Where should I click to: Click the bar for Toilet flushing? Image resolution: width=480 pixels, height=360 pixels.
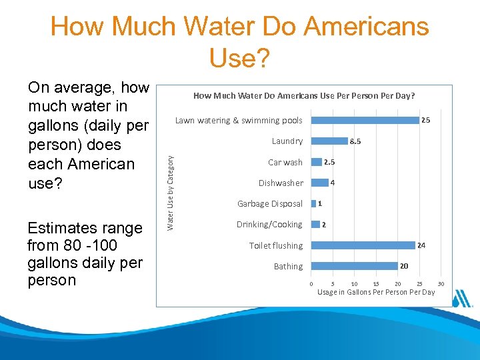[x=363, y=245]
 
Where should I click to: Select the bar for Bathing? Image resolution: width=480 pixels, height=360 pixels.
[x=355, y=266]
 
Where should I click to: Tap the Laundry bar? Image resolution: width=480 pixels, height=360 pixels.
[x=330, y=141]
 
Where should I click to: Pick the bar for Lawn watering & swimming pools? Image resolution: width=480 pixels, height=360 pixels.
[x=365, y=120]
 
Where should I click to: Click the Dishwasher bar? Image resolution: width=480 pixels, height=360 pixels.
[x=320, y=183]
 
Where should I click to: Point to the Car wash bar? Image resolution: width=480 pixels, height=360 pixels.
[x=317, y=162]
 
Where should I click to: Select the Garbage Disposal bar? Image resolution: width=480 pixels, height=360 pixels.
[x=313, y=203]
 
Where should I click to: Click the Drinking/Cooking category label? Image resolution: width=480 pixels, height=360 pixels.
[x=269, y=225]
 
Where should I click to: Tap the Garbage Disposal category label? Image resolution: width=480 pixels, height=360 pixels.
[x=270, y=204]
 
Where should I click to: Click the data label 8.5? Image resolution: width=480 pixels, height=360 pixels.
[x=355, y=141]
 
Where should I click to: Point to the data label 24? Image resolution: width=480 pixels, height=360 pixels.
[x=421, y=246]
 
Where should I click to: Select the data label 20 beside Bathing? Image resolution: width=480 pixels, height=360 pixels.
[x=404, y=266]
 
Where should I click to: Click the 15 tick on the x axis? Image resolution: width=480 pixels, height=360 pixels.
[x=376, y=285]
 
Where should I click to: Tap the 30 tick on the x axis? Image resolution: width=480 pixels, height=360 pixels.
[x=441, y=285]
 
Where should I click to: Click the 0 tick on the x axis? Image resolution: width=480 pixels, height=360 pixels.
[x=311, y=285]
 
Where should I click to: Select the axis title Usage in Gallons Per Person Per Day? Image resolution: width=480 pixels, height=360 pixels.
[x=376, y=292]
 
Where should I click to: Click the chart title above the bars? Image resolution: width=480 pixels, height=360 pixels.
[x=303, y=96]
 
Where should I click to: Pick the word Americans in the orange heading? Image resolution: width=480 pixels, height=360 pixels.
[x=366, y=27]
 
